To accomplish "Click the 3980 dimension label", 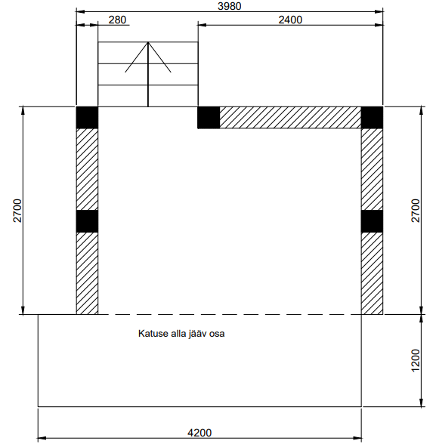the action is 230,6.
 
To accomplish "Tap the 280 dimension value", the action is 117,20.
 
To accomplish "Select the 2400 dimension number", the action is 290,20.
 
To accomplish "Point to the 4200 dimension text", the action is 199,433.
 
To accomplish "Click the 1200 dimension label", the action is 416,360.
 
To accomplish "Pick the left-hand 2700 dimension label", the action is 17,211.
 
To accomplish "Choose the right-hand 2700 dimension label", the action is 416,211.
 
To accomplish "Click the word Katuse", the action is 153,333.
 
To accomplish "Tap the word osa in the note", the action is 217,334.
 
